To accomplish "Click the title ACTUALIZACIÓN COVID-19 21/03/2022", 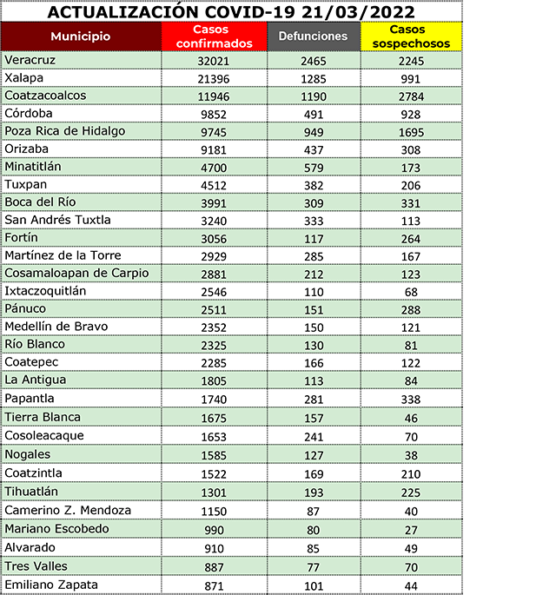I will tap(230, 11).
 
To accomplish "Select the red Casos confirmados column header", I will tap(213, 36).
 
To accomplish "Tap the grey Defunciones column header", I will tap(313, 36).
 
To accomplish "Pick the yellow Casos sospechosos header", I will tap(411, 36).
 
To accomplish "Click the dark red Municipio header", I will tap(81, 36).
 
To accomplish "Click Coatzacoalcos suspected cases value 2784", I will tap(411, 96).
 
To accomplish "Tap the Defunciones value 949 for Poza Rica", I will tap(312, 132).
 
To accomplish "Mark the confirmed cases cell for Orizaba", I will tap(213, 149).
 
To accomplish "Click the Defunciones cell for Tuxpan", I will tap(312, 185).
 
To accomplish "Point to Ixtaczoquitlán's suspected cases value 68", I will tap(411, 292).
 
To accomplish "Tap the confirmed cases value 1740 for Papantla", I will tap(213, 399).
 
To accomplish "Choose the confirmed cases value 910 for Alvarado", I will tap(213, 549).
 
